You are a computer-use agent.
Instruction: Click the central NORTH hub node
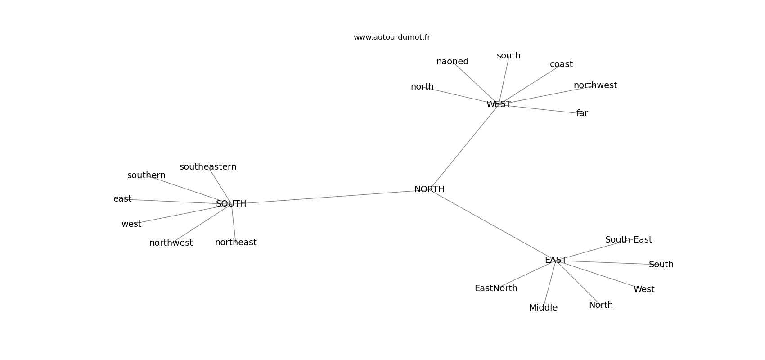[429, 189]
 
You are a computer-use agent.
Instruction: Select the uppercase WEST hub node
[498, 104]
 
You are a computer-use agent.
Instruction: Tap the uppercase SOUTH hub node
[231, 203]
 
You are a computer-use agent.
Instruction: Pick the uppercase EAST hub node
[556, 260]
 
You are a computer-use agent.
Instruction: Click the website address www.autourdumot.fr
[391, 37]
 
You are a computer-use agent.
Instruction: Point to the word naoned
[452, 62]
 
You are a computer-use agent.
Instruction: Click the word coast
[561, 64]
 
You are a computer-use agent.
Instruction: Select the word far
[582, 113]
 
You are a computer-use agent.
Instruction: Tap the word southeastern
[207, 166]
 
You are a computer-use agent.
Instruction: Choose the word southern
[146, 175]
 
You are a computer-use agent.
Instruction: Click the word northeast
[236, 242]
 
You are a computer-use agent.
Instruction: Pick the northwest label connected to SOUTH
[171, 243]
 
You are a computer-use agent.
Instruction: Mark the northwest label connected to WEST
[595, 85]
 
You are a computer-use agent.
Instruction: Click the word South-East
[628, 239]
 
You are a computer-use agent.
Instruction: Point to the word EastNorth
[496, 288]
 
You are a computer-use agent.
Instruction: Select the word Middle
[543, 308]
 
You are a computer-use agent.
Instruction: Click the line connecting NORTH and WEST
[464, 147]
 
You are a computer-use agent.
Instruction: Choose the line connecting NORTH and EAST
[492, 225]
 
